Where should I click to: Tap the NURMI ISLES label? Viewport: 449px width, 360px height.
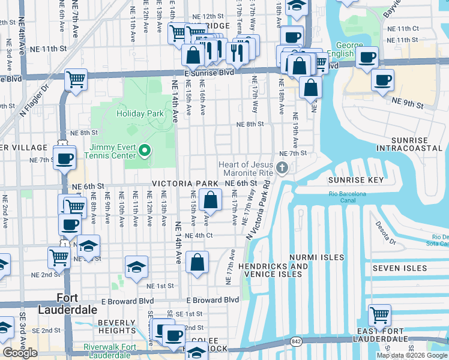click(316, 257)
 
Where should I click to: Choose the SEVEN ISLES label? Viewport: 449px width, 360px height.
click(399, 268)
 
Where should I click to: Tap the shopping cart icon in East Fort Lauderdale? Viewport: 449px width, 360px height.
click(379, 315)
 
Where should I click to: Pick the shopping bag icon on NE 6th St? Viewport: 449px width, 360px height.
click(211, 200)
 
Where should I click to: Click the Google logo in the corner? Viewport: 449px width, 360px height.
click(20, 353)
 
